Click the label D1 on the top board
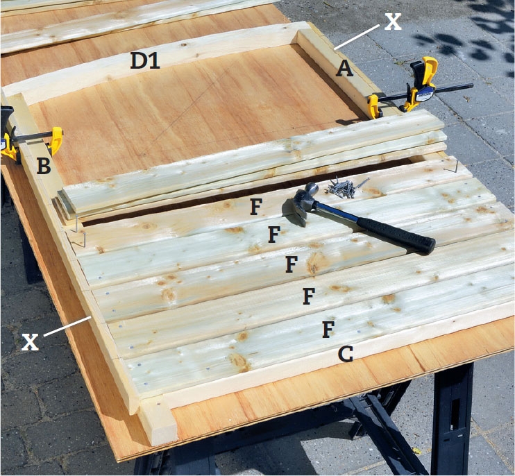click(x=145, y=61)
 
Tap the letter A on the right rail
click(x=344, y=69)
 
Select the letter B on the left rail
click(x=44, y=166)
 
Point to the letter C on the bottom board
click(x=346, y=354)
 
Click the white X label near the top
click(x=392, y=22)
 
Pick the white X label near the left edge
click(x=30, y=342)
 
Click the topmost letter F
click(x=256, y=207)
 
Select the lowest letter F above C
click(x=328, y=330)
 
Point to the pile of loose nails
click(x=345, y=188)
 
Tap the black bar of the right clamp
click(x=453, y=87)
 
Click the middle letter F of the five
click(x=292, y=264)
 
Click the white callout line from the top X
click(x=357, y=37)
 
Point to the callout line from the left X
click(x=67, y=326)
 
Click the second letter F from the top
click(x=274, y=234)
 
